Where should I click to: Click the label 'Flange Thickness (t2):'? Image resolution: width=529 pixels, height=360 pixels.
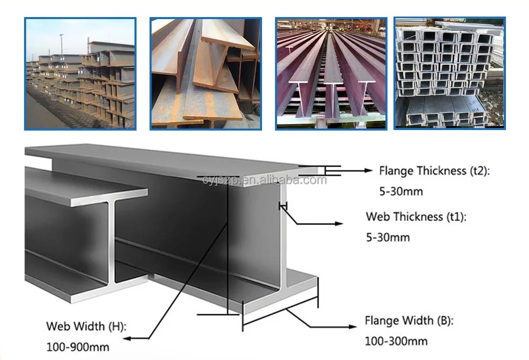434,171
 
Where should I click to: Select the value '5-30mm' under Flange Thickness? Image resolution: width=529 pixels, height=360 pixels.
401,191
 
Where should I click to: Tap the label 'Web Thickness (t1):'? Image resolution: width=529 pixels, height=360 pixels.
416,217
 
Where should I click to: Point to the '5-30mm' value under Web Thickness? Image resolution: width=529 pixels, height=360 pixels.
387,237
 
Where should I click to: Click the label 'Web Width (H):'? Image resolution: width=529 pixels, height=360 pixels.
86,326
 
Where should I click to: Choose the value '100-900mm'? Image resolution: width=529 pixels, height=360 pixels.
78,346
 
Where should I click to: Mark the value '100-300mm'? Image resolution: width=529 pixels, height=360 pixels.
396,341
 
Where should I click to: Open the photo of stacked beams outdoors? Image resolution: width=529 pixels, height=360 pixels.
80,73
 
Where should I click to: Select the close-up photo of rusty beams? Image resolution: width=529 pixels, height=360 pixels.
206,73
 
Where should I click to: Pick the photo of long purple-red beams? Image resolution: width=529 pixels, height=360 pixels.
331,73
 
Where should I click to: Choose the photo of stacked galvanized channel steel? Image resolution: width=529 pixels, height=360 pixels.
449,73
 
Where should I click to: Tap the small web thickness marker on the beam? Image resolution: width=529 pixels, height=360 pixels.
284,206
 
